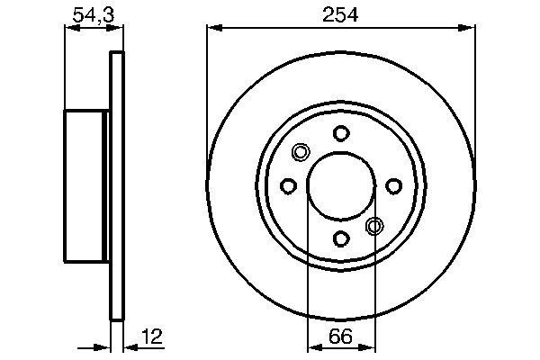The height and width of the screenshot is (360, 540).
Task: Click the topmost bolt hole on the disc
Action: coord(341,134)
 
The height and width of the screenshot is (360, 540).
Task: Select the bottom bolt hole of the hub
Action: coord(341,238)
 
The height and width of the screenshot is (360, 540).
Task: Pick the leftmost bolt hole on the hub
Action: coord(289,186)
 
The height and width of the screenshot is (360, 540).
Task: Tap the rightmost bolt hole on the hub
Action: coord(393,186)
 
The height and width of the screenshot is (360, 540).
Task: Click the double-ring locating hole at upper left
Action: coord(301,153)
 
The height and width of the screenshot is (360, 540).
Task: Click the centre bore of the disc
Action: coord(341,186)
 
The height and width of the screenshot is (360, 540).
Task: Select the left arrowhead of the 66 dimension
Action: coord(313,346)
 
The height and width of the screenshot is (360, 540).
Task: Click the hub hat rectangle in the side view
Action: coord(85,186)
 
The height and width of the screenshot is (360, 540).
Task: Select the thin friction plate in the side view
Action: coord(115,186)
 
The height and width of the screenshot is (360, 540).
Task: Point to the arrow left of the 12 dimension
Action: coord(101,346)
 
